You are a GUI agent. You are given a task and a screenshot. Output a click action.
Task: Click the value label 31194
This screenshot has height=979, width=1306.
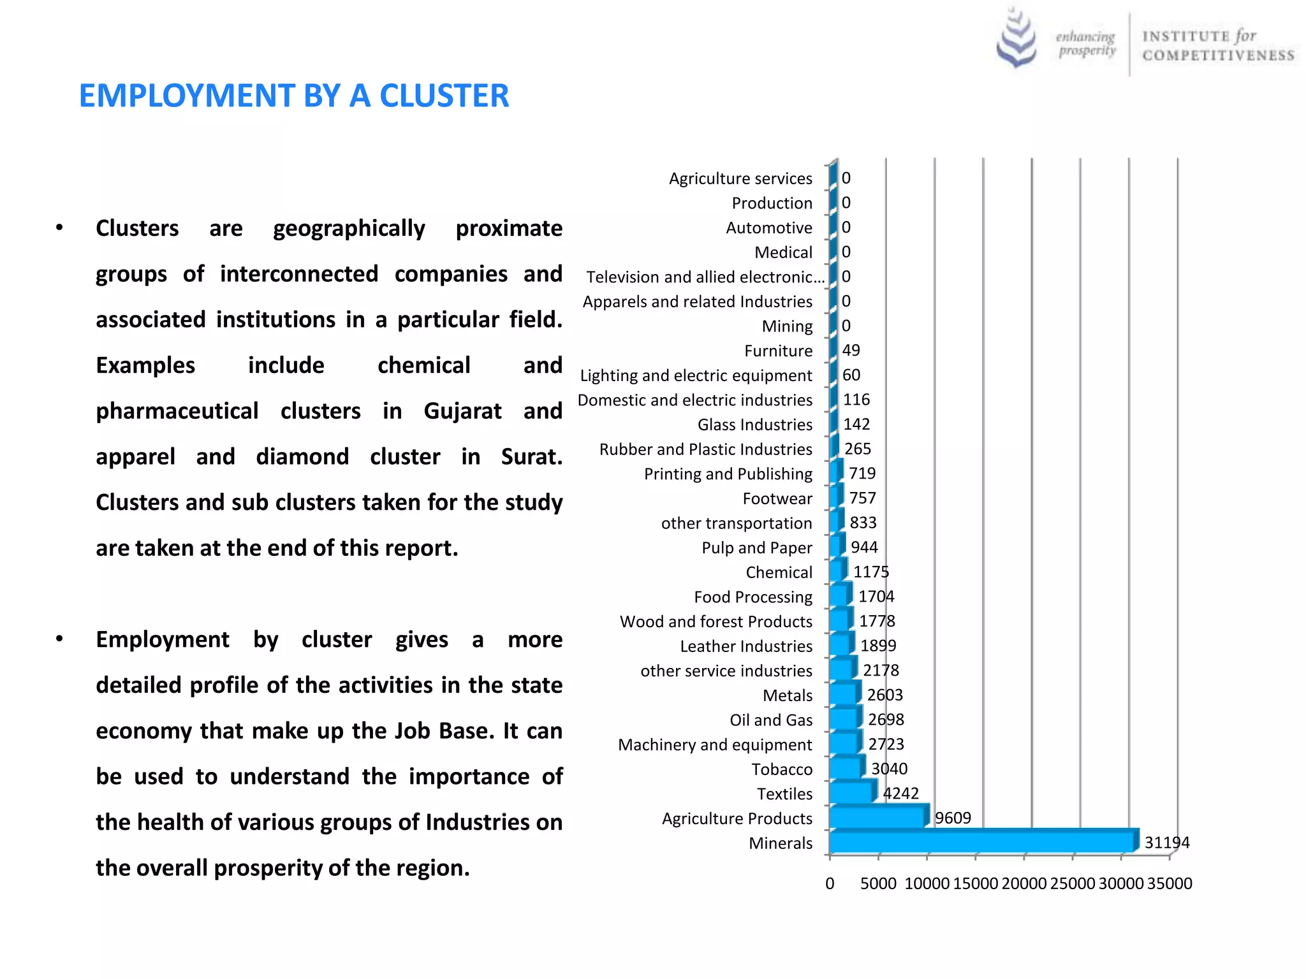click(x=1167, y=843)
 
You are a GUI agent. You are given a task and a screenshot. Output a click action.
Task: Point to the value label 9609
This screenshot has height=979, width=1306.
click(x=953, y=818)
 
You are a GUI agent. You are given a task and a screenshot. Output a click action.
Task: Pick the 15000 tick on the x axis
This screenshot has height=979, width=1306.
click(x=976, y=883)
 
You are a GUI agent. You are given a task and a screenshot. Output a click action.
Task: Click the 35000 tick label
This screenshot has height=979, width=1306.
click(x=1170, y=883)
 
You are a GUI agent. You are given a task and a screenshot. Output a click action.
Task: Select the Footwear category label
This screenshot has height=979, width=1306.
click(x=777, y=498)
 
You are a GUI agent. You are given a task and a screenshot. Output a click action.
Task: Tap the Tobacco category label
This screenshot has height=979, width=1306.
click(x=782, y=769)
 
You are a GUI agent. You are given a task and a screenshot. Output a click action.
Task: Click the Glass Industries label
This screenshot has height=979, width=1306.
click(x=755, y=424)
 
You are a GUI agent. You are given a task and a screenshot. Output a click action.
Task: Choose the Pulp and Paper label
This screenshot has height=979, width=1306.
click(x=757, y=548)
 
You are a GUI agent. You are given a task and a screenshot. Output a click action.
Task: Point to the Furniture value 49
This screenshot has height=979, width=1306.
click(x=851, y=350)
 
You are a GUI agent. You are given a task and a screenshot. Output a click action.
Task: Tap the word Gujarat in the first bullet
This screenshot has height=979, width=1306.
click(x=462, y=411)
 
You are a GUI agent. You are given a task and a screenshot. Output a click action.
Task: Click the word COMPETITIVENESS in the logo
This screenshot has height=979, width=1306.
click(x=1218, y=55)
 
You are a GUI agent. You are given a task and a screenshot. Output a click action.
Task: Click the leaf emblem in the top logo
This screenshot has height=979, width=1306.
click(x=1016, y=38)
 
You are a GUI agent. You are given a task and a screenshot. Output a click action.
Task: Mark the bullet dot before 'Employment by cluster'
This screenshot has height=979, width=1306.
click(x=59, y=639)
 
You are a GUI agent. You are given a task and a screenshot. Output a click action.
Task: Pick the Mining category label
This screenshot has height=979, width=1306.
click(x=787, y=326)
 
